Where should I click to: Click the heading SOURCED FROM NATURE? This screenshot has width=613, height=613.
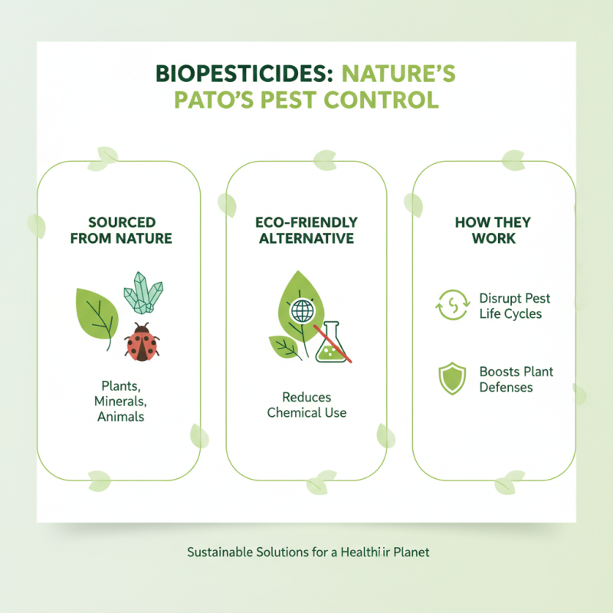click(121, 230)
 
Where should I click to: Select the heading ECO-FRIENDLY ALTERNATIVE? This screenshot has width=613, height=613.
click(306, 230)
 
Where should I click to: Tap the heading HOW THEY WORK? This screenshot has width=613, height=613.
click(493, 230)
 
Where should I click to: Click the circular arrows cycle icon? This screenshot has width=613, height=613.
click(451, 305)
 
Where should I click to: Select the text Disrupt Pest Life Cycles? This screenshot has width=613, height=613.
click(514, 306)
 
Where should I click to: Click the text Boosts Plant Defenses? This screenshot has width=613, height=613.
click(516, 379)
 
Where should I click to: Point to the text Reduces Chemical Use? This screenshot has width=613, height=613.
click(306, 405)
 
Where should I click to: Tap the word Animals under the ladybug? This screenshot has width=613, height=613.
click(121, 417)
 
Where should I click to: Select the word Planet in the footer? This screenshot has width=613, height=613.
click(409, 552)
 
